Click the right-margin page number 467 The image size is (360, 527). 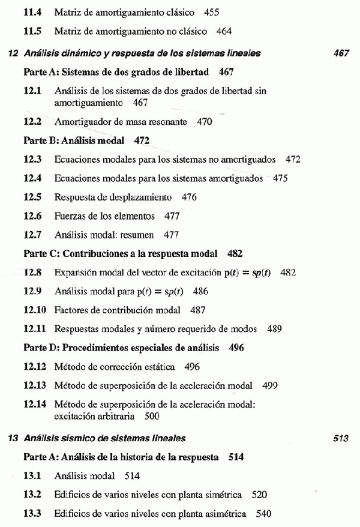point(341,53)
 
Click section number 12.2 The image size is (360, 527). point(32,122)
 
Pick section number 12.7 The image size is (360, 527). point(32,235)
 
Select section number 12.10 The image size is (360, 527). point(34,310)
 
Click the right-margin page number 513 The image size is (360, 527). point(341,438)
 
